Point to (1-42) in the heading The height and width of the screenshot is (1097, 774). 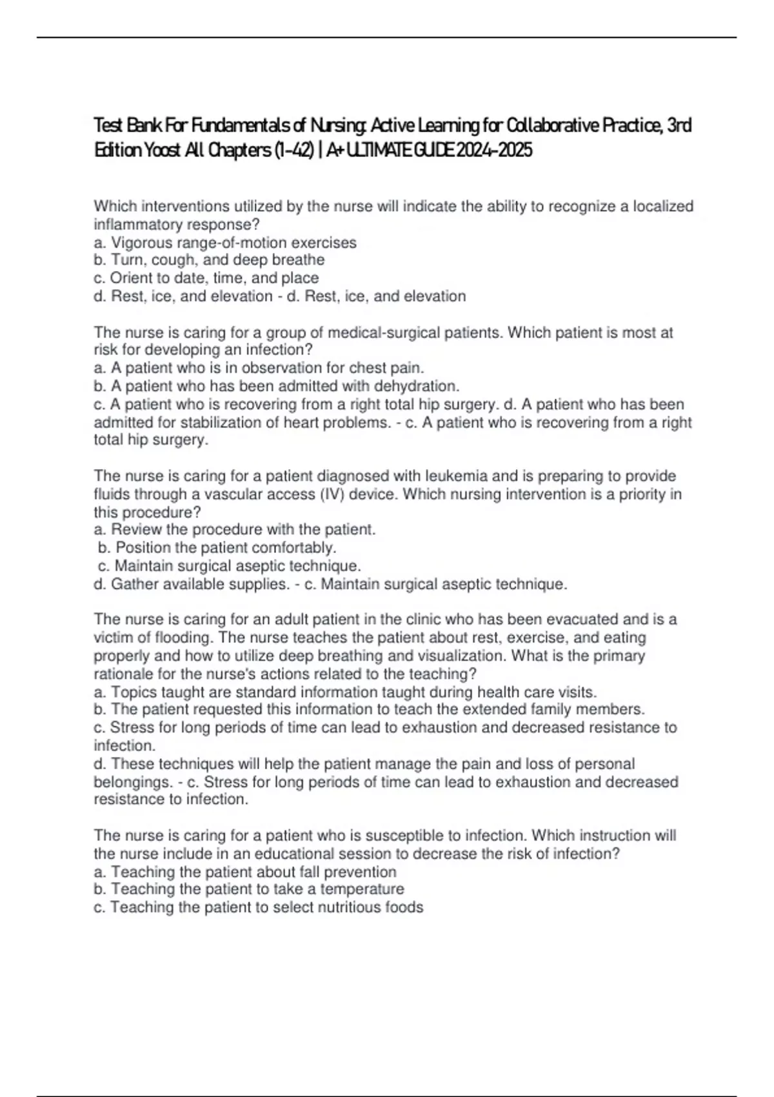(292, 150)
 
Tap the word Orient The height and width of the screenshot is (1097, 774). (132, 278)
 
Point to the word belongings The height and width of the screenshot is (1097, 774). (132, 782)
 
